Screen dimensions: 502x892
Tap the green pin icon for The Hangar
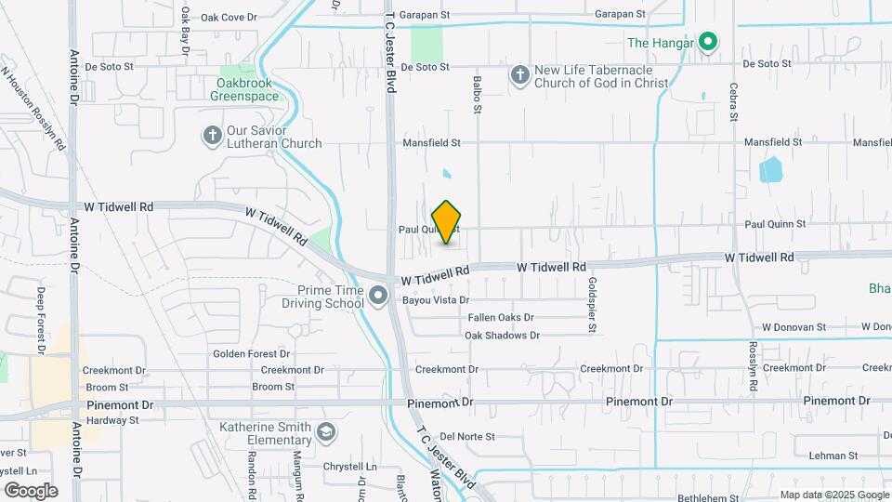[708, 42]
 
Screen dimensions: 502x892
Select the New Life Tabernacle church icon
[520, 75]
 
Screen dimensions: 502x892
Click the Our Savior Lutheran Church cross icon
[212, 136]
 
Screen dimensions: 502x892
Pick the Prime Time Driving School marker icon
[378, 297]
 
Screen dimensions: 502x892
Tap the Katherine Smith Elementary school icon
[326, 432]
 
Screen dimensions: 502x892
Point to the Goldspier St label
[592, 305]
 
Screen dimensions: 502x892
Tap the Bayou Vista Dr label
[436, 300]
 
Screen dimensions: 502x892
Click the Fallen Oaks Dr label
[501, 318]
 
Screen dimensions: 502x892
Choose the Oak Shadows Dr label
[502, 336]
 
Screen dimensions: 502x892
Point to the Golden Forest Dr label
[252, 353]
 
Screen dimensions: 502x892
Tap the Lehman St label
[833, 456]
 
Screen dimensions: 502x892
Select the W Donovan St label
[794, 327]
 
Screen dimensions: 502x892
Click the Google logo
[31, 490]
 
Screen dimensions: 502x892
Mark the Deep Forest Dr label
[41, 321]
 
